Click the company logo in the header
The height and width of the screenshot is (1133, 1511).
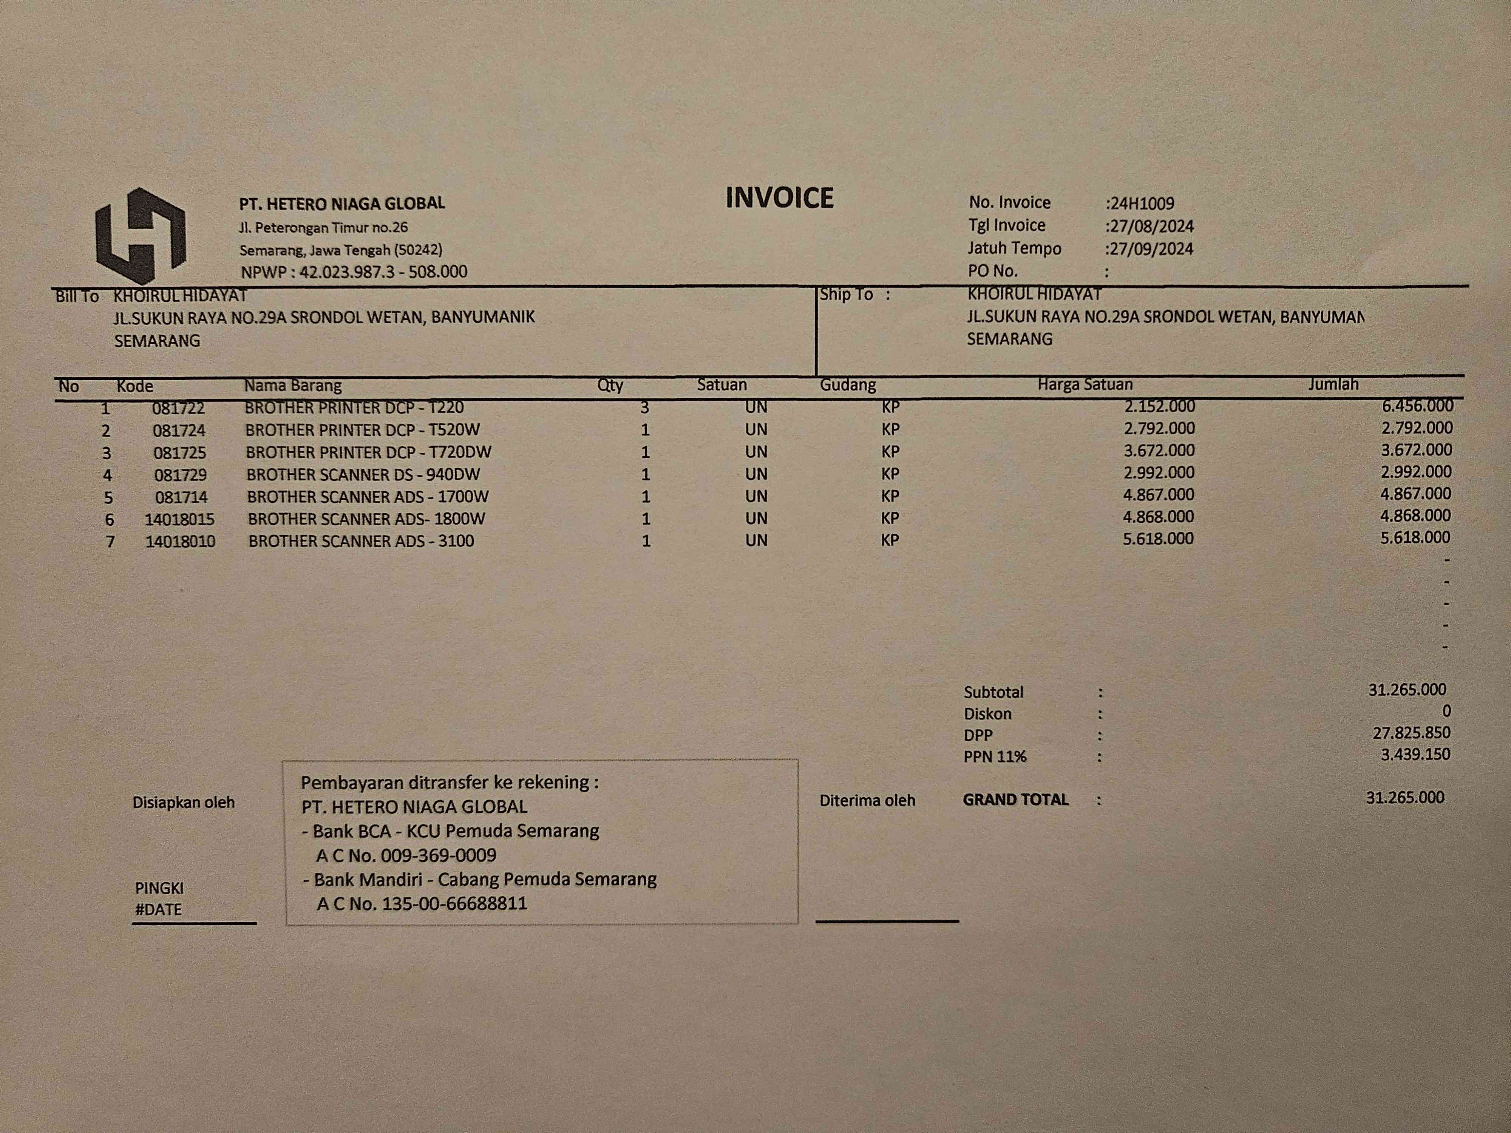(x=140, y=236)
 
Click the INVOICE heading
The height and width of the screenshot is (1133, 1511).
(x=779, y=198)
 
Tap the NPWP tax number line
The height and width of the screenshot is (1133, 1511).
(x=354, y=272)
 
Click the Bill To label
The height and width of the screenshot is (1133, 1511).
(x=77, y=296)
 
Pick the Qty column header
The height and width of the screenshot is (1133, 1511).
(x=610, y=385)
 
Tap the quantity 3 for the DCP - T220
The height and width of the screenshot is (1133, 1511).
(x=645, y=408)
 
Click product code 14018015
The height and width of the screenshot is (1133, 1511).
(x=180, y=519)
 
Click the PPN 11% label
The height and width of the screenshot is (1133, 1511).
(x=995, y=757)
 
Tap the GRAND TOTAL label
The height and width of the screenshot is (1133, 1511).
(x=1015, y=800)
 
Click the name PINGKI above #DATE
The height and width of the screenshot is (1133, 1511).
(x=159, y=888)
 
